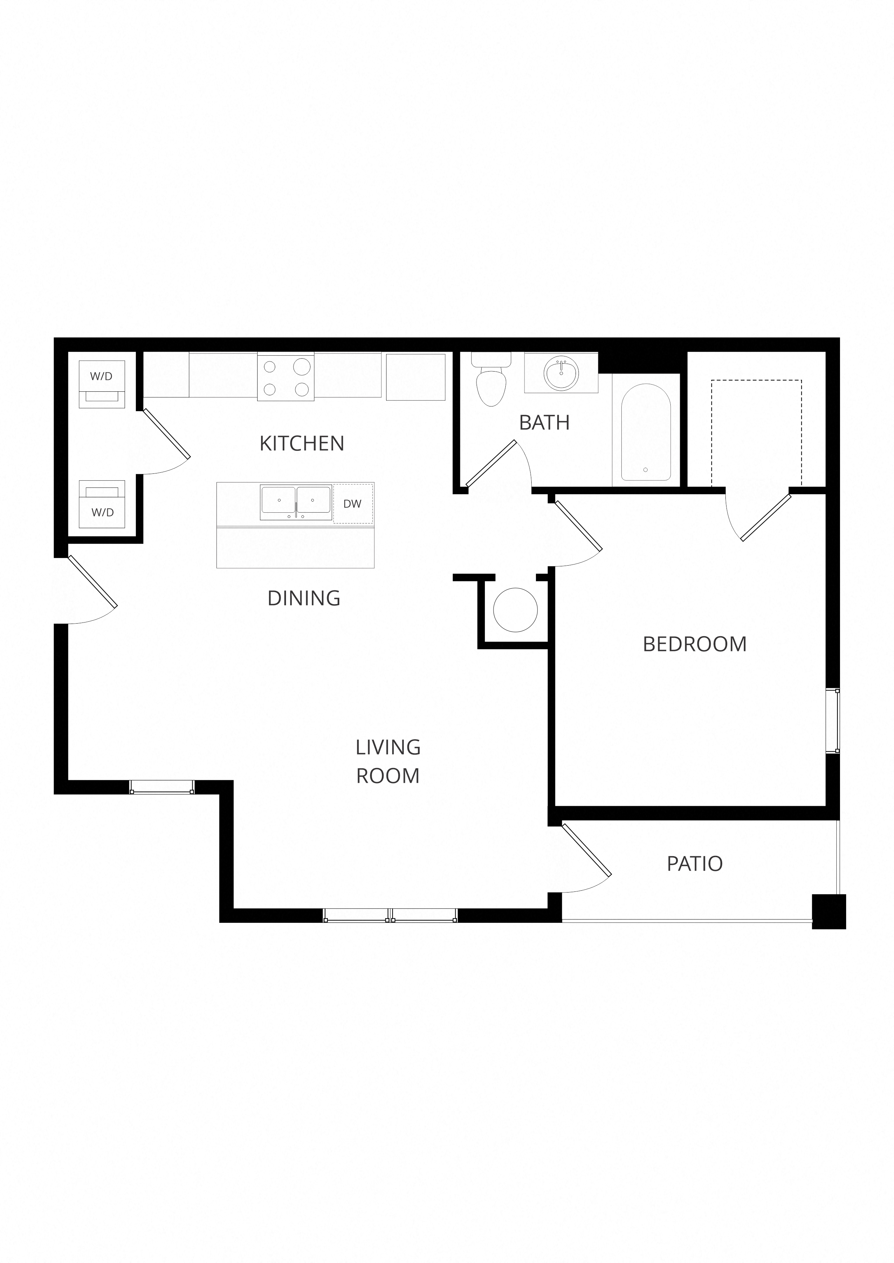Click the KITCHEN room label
(302, 443)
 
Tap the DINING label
(304, 598)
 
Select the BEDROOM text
(695, 644)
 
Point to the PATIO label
(695, 864)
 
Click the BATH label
(544, 422)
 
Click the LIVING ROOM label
(388, 761)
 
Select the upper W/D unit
(102, 384)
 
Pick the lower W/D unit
(102, 504)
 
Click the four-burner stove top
(286, 377)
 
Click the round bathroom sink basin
(561, 373)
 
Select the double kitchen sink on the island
(296, 502)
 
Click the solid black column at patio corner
(828, 912)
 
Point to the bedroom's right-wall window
(837, 721)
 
